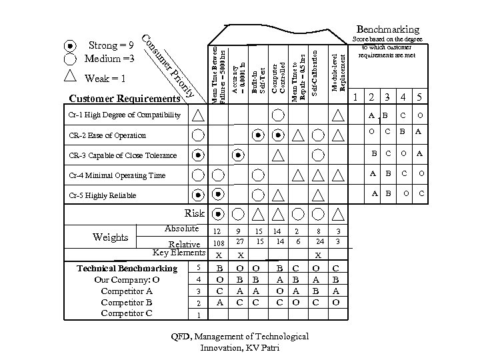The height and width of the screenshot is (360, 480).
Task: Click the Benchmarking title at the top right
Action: point(388,29)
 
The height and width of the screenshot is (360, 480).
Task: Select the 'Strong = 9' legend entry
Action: point(111,45)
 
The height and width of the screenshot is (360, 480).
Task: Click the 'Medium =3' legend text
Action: point(110,59)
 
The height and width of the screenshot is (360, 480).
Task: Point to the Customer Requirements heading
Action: point(125,99)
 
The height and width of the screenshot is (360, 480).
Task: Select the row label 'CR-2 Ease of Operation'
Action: point(107,135)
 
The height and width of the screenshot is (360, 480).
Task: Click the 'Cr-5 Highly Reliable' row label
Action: point(103,195)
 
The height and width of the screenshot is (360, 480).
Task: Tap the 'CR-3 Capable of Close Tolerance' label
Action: point(123,155)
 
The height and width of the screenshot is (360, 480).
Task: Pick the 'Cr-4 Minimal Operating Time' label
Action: point(117,175)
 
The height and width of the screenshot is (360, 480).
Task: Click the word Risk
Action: point(194,213)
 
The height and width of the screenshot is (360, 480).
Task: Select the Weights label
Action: point(111,237)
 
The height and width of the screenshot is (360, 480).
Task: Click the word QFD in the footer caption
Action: point(181,337)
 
